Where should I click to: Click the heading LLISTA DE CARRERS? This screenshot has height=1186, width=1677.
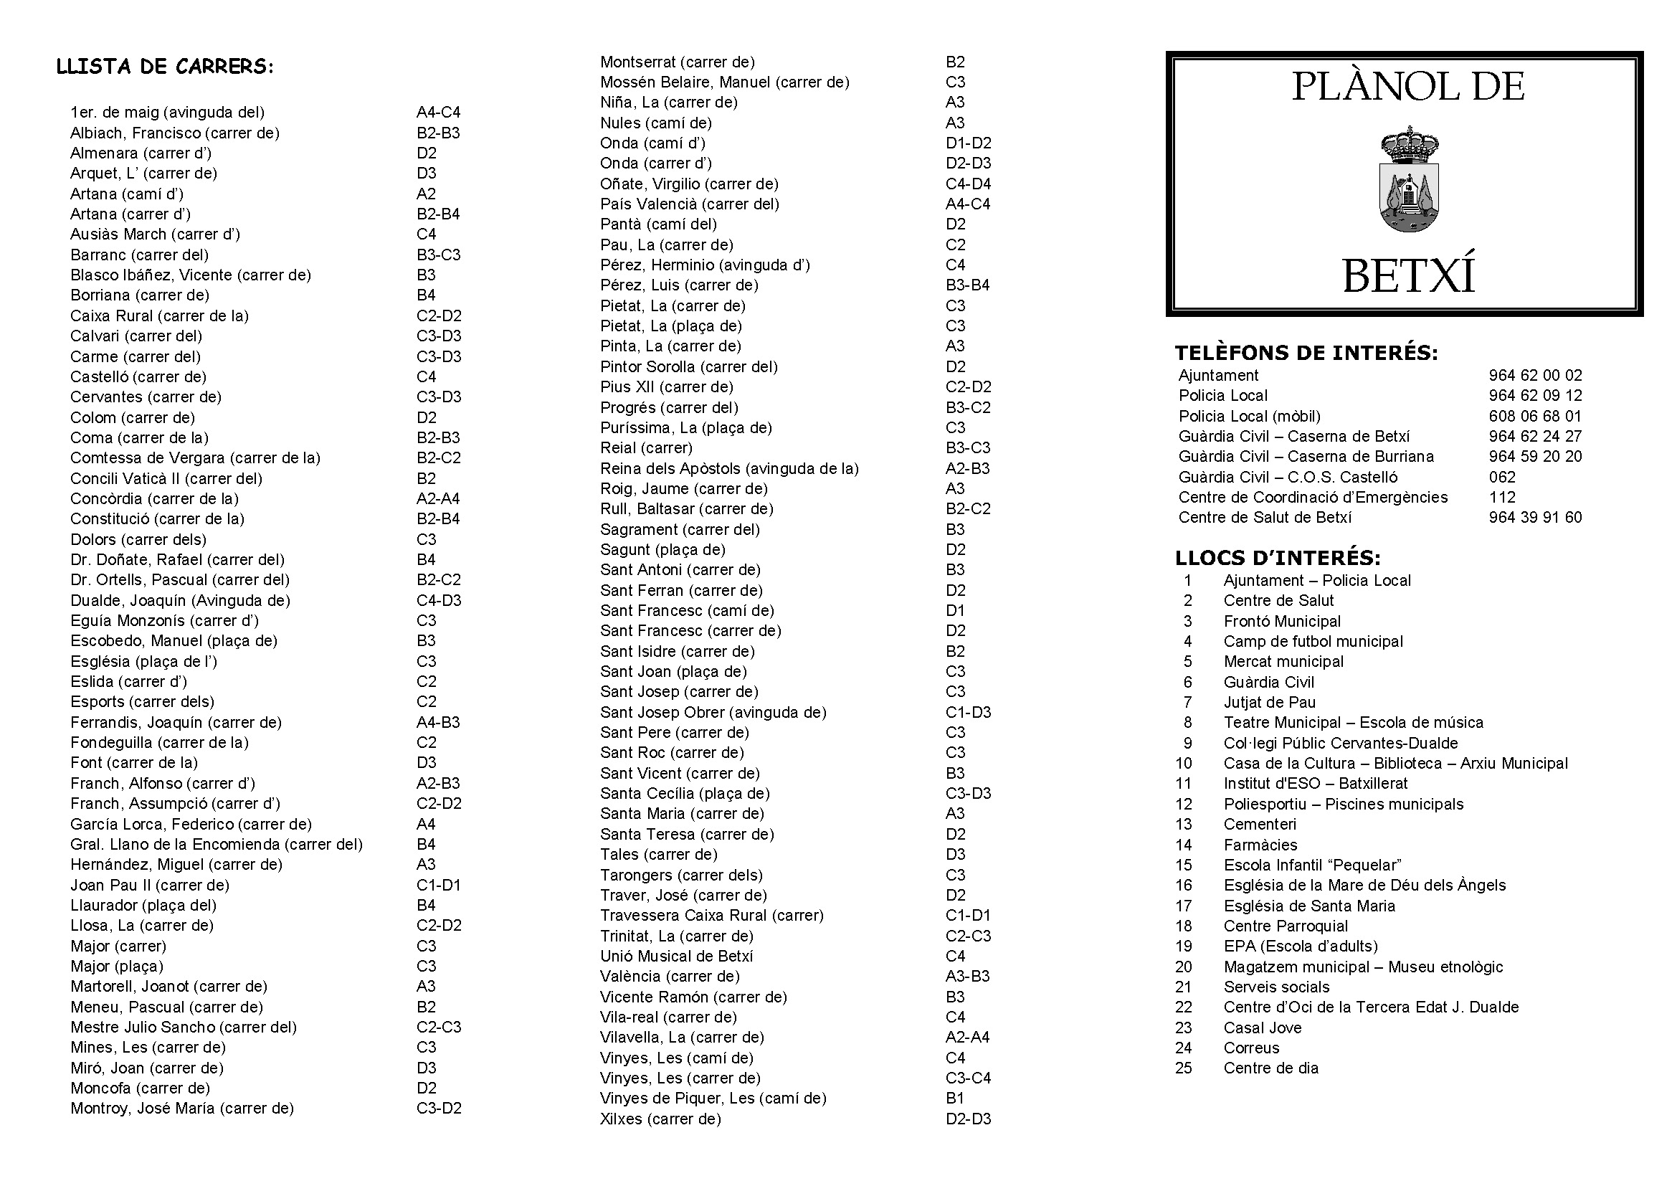[165, 67]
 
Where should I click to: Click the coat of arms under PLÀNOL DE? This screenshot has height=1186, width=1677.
[1409, 180]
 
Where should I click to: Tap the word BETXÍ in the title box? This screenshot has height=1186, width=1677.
[1409, 276]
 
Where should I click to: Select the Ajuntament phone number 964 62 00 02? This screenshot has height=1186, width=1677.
[1535, 375]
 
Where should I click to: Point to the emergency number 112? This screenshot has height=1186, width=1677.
[1503, 498]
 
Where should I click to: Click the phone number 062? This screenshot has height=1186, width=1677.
[1503, 477]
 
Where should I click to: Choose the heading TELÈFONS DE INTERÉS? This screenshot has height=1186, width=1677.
[1306, 354]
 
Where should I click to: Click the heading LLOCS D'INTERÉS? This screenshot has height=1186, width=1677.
[1278, 559]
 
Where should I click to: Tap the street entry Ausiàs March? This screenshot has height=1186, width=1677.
[155, 234]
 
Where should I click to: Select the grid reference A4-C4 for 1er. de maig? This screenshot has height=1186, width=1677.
[438, 113]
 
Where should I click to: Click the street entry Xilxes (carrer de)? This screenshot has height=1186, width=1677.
[660, 1119]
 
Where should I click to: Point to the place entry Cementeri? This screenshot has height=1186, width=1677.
[1260, 825]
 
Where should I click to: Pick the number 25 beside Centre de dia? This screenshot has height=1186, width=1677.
[1183, 1068]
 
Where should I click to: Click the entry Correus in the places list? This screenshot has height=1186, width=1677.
[1251, 1048]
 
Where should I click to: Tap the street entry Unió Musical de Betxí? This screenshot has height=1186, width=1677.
[676, 956]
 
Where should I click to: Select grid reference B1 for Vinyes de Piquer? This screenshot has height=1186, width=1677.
[954, 1099]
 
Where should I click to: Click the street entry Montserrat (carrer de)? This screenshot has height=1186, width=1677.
[677, 62]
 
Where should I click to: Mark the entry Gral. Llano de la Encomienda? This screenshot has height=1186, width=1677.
[217, 844]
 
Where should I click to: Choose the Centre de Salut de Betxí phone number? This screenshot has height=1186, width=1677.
[1535, 518]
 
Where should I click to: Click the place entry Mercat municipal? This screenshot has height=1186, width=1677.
[1283, 662]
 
